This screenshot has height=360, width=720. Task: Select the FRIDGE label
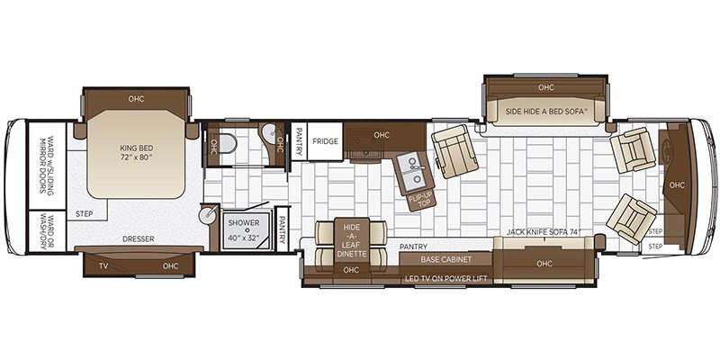tap(325, 141)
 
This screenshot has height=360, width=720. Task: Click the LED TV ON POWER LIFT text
tap(447, 279)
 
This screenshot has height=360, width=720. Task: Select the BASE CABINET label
tap(446, 258)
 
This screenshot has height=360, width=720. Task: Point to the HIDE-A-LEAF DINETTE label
tap(350, 238)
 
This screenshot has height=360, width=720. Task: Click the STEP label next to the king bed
tap(84, 214)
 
